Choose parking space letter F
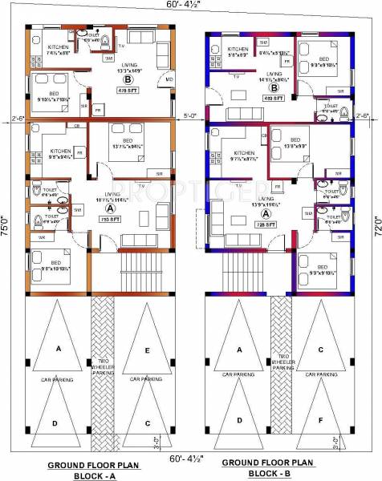[x=320, y=419]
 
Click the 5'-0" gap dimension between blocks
[x=190, y=115]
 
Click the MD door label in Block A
[x=169, y=80]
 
